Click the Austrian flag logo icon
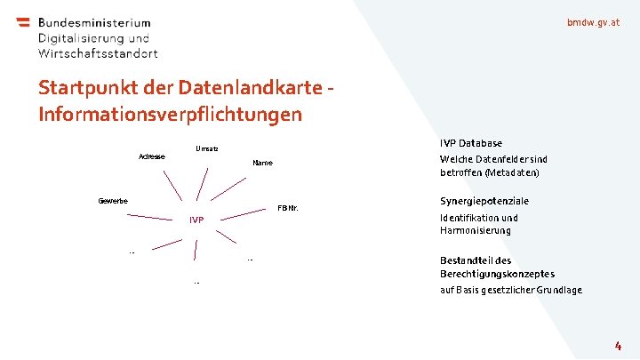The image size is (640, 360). click(x=22, y=23)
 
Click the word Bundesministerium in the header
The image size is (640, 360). click(x=94, y=23)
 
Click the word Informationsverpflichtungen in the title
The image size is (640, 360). click(x=171, y=115)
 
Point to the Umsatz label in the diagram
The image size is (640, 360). click(x=206, y=148)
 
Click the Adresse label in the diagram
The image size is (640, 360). click(x=151, y=157)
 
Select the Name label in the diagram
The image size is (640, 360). click(x=262, y=164)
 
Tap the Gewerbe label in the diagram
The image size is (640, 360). click(x=113, y=201)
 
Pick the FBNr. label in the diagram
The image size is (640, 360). click(x=287, y=209)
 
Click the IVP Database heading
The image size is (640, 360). click(x=471, y=143)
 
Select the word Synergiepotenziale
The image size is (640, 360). click(x=484, y=201)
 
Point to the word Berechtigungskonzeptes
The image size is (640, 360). click(x=497, y=274)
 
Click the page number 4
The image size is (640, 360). click(x=617, y=344)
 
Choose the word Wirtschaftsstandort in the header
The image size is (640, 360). click(x=98, y=53)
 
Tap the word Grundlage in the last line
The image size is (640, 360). click(x=558, y=290)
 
